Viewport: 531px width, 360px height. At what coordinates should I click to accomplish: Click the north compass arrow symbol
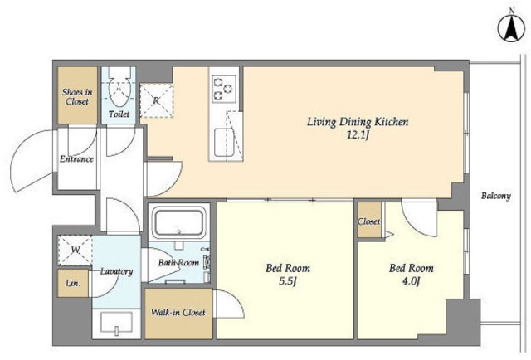[x=511, y=28]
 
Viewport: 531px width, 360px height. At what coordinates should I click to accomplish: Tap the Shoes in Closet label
[x=77, y=96]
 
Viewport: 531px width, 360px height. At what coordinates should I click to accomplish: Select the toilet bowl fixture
[x=119, y=87]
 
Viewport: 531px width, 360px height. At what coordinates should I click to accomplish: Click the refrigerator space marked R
[x=157, y=100]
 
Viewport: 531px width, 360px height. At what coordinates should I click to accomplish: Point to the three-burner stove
[x=224, y=89]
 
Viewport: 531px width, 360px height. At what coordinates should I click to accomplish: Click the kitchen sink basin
[x=224, y=143]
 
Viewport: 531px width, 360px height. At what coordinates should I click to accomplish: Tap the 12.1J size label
[x=358, y=135]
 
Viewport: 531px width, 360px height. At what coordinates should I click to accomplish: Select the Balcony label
[x=496, y=196]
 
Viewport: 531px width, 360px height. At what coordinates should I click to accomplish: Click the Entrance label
[x=76, y=158]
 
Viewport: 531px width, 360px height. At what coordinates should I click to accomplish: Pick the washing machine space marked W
[x=76, y=251]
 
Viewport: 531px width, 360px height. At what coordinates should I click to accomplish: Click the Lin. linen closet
[x=73, y=283]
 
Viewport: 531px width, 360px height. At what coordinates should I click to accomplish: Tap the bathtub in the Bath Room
[x=179, y=222]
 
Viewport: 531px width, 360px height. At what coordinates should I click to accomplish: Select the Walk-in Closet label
[x=178, y=312]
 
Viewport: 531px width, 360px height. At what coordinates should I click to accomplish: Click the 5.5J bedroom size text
[x=288, y=281]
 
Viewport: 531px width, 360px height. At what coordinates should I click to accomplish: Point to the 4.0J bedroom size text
[x=411, y=281]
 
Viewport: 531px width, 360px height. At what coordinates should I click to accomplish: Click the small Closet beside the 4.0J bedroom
[x=369, y=220]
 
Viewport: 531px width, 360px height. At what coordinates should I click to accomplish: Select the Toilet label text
[x=119, y=114]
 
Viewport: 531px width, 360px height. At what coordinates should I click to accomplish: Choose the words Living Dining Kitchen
[x=358, y=122]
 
